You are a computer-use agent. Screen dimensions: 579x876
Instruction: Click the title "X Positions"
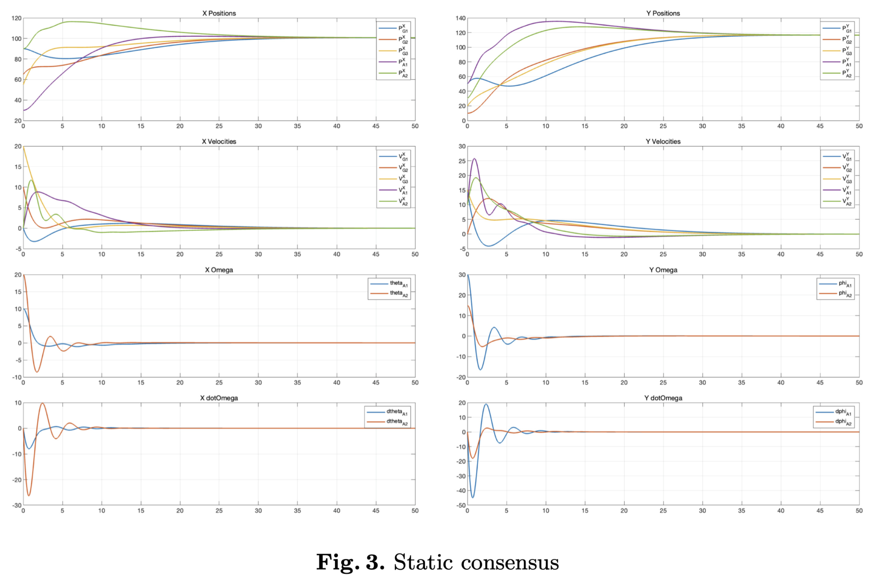(x=219, y=13)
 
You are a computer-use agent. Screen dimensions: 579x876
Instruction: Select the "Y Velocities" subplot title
(x=663, y=142)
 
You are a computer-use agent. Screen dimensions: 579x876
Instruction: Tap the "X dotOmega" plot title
(x=219, y=398)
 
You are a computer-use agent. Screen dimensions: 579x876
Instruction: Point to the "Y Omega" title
(x=663, y=270)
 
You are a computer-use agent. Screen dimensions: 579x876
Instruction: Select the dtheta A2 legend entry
(x=397, y=422)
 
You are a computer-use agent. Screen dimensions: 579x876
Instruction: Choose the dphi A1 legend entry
(x=843, y=412)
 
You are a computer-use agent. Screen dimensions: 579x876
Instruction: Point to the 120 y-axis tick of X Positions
(x=16, y=18)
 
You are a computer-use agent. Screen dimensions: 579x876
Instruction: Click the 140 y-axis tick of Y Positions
(x=460, y=18)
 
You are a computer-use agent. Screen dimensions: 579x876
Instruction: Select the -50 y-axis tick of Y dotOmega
(x=460, y=505)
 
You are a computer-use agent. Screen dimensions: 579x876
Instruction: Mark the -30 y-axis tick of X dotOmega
(x=16, y=505)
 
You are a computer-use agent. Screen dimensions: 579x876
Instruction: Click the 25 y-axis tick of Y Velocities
(x=462, y=161)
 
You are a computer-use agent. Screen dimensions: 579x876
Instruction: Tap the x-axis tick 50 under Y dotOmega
(x=859, y=511)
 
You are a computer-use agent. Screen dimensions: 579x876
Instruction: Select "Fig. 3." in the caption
(x=350, y=563)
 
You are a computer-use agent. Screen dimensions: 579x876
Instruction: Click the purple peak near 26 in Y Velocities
(x=474, y=158)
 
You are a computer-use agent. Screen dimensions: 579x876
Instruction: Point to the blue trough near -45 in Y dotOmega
(x=473, y=497)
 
